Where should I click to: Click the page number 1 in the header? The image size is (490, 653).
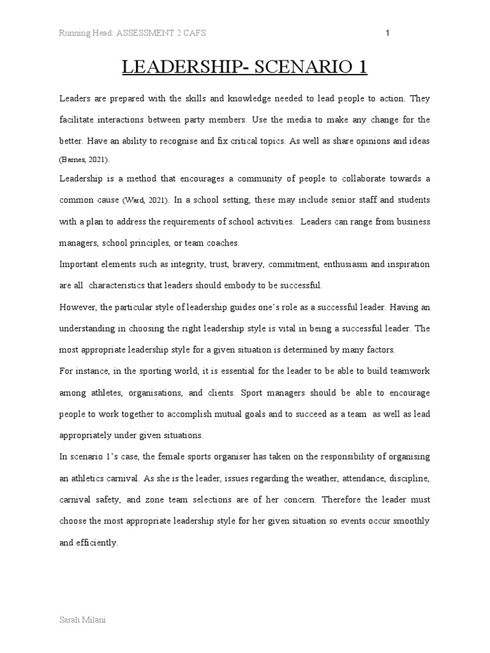388,34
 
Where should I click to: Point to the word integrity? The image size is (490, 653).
168,264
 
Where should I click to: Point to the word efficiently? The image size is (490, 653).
98,543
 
